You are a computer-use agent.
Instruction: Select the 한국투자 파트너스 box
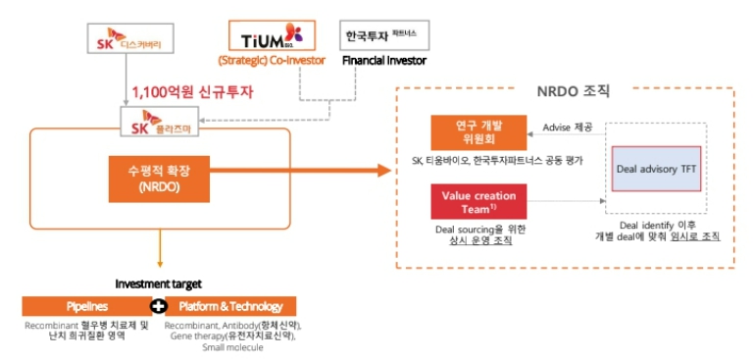(381, 36)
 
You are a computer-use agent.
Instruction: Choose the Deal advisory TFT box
(655, 169)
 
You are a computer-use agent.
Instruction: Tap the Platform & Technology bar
(230, 306)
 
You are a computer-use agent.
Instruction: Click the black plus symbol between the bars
(152, 306)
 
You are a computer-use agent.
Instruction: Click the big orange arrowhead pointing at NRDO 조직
(383, 173)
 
